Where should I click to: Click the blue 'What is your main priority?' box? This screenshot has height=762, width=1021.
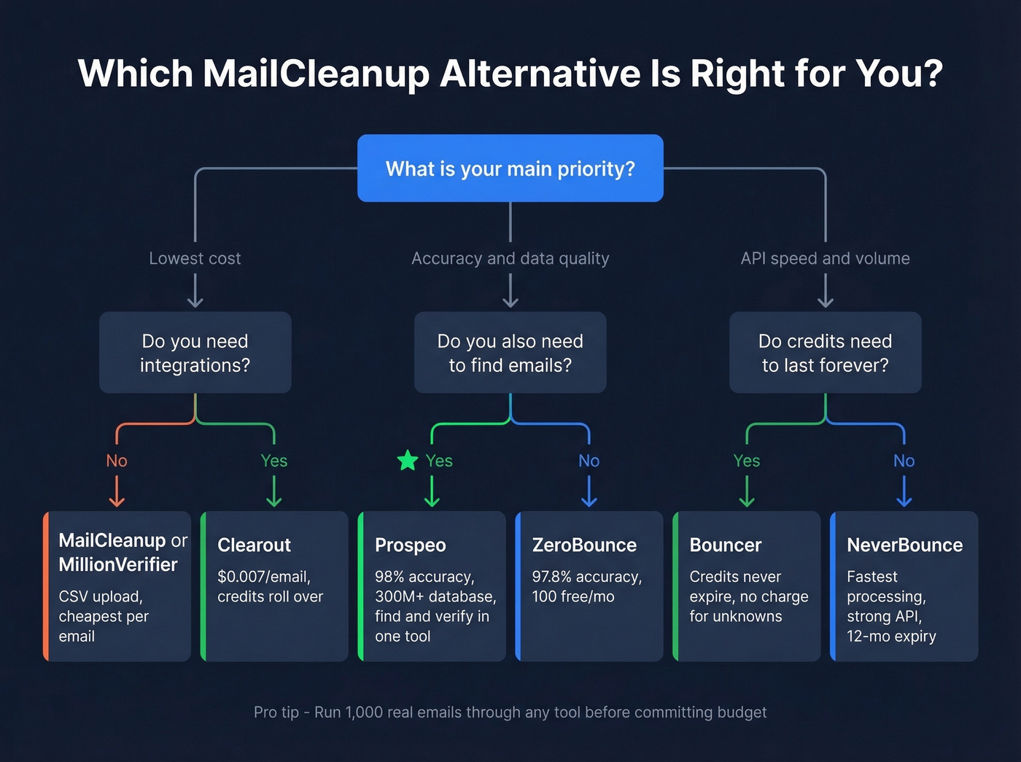pyautogui.click(x=510, y=168)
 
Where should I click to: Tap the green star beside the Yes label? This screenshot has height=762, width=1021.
pyautogui.click(x=408, y=460)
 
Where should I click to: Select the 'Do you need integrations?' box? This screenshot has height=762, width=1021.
pyautogui.click(x=195, y=353)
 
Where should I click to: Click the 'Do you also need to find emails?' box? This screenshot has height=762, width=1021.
pyautogui.click(x=510, y=353)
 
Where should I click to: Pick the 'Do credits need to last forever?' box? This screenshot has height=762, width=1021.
pyautogui.click(x=825, y=353)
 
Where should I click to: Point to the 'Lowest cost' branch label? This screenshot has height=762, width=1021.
pyautogui.click(x=195, y=258)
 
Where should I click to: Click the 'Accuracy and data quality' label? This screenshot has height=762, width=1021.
pyautogui.click(x=510, y=258)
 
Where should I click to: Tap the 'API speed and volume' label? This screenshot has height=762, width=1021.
pyautogui.click(x=825, y=258)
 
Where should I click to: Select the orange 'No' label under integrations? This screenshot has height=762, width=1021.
pyautogui.click(x=117, y=461)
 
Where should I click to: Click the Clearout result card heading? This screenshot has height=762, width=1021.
pyautogui.click(x=254, y=545)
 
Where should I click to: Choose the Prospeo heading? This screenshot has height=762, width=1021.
pyautogui.click(x=410, y=545)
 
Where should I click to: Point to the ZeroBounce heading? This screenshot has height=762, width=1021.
pyautogui.click(x=584, y=545)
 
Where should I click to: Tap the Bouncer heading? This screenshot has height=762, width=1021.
pyautogui.click(x=725, y=545)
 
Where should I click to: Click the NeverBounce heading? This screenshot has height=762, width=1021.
pyautogui.click(x=904, y=545)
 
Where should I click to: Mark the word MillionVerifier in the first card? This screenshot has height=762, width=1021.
pyautogui.click(x=118, y=564)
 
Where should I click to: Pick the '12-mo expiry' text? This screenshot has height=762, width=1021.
pyautogui.click(x=891, y=636)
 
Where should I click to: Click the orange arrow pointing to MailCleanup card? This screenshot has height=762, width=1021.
pyautogui.click(x=117, y=492)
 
